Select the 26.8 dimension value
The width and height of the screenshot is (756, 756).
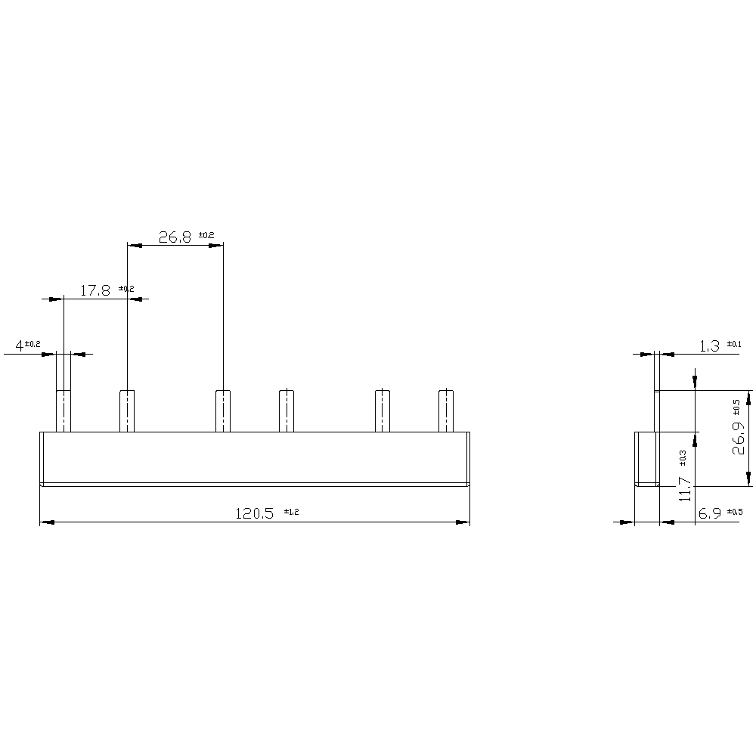tap(175, 237)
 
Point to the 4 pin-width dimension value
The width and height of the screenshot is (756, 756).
tap(19, 346)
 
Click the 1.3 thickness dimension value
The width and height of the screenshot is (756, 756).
tap(709, 346)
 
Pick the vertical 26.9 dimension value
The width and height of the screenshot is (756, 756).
tap(739, 438)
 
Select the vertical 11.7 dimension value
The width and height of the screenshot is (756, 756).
tap(685, 488)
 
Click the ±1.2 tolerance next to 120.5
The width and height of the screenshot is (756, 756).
tap(292, 512)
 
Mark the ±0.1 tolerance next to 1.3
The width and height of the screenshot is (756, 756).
tap(734, 344)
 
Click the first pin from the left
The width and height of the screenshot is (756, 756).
tap(64, 411)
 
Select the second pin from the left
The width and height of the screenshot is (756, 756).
tap(128, 411)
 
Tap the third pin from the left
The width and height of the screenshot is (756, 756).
tap(223, 411)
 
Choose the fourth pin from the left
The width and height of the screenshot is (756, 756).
tap(287, 411)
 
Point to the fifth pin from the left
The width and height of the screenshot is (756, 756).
tap(383, 411)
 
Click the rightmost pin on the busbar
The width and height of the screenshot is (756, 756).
tap(446, 411)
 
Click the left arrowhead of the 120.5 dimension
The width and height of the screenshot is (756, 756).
tap(46, 522)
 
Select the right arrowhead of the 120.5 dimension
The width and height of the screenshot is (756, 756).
tap(463, 522)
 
